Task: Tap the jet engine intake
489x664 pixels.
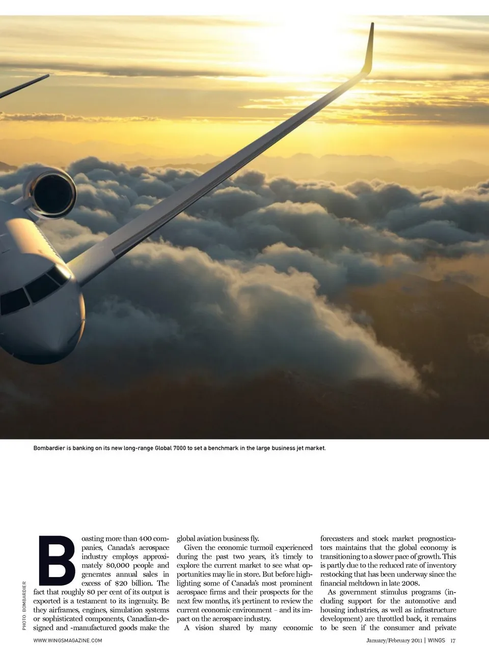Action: pos(53,193)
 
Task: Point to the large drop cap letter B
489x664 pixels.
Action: pos(56,560)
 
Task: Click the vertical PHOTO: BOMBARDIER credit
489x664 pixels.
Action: pos(24,605)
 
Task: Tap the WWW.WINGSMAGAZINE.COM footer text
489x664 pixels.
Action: pos(68,641)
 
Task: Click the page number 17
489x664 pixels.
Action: pos(453,641)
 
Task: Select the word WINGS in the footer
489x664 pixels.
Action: pos(436,641)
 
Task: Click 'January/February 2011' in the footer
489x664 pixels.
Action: pos(394,641)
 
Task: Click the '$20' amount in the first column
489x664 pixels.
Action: pos(121,583)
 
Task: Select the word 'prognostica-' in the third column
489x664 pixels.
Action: pos(437,538)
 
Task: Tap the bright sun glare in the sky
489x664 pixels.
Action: pos(306,46)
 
